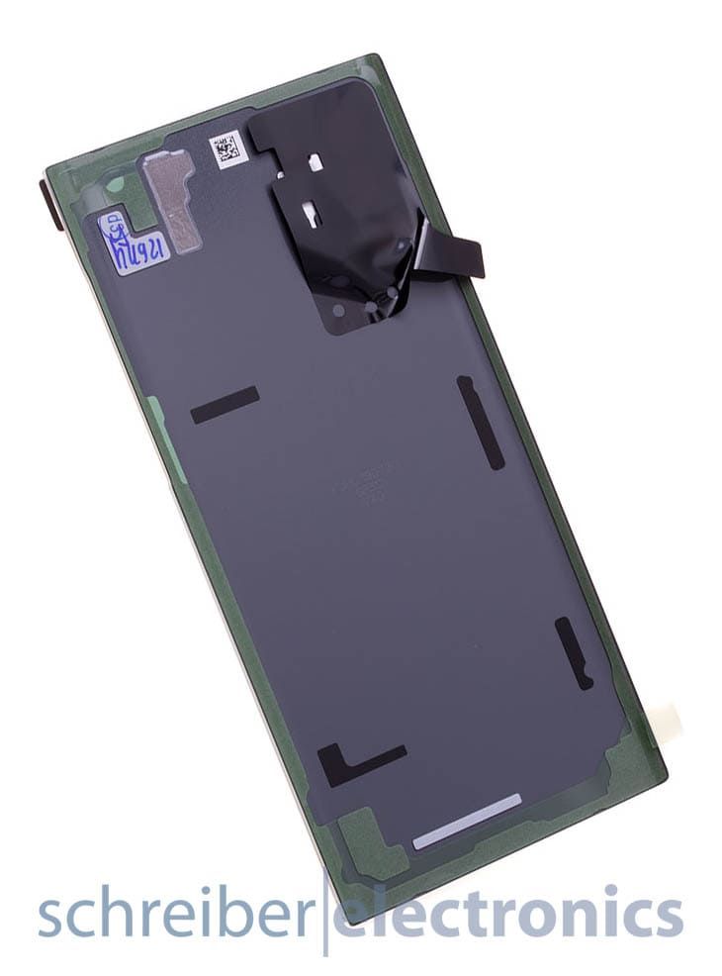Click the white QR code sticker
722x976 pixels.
click(x=226, y=149)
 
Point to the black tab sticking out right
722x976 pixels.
click(x=454, y=252)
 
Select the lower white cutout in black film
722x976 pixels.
click(x=310, y=210)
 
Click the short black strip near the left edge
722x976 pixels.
click(x=225, y=404)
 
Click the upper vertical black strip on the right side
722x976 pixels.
click(x=482, y=422)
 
